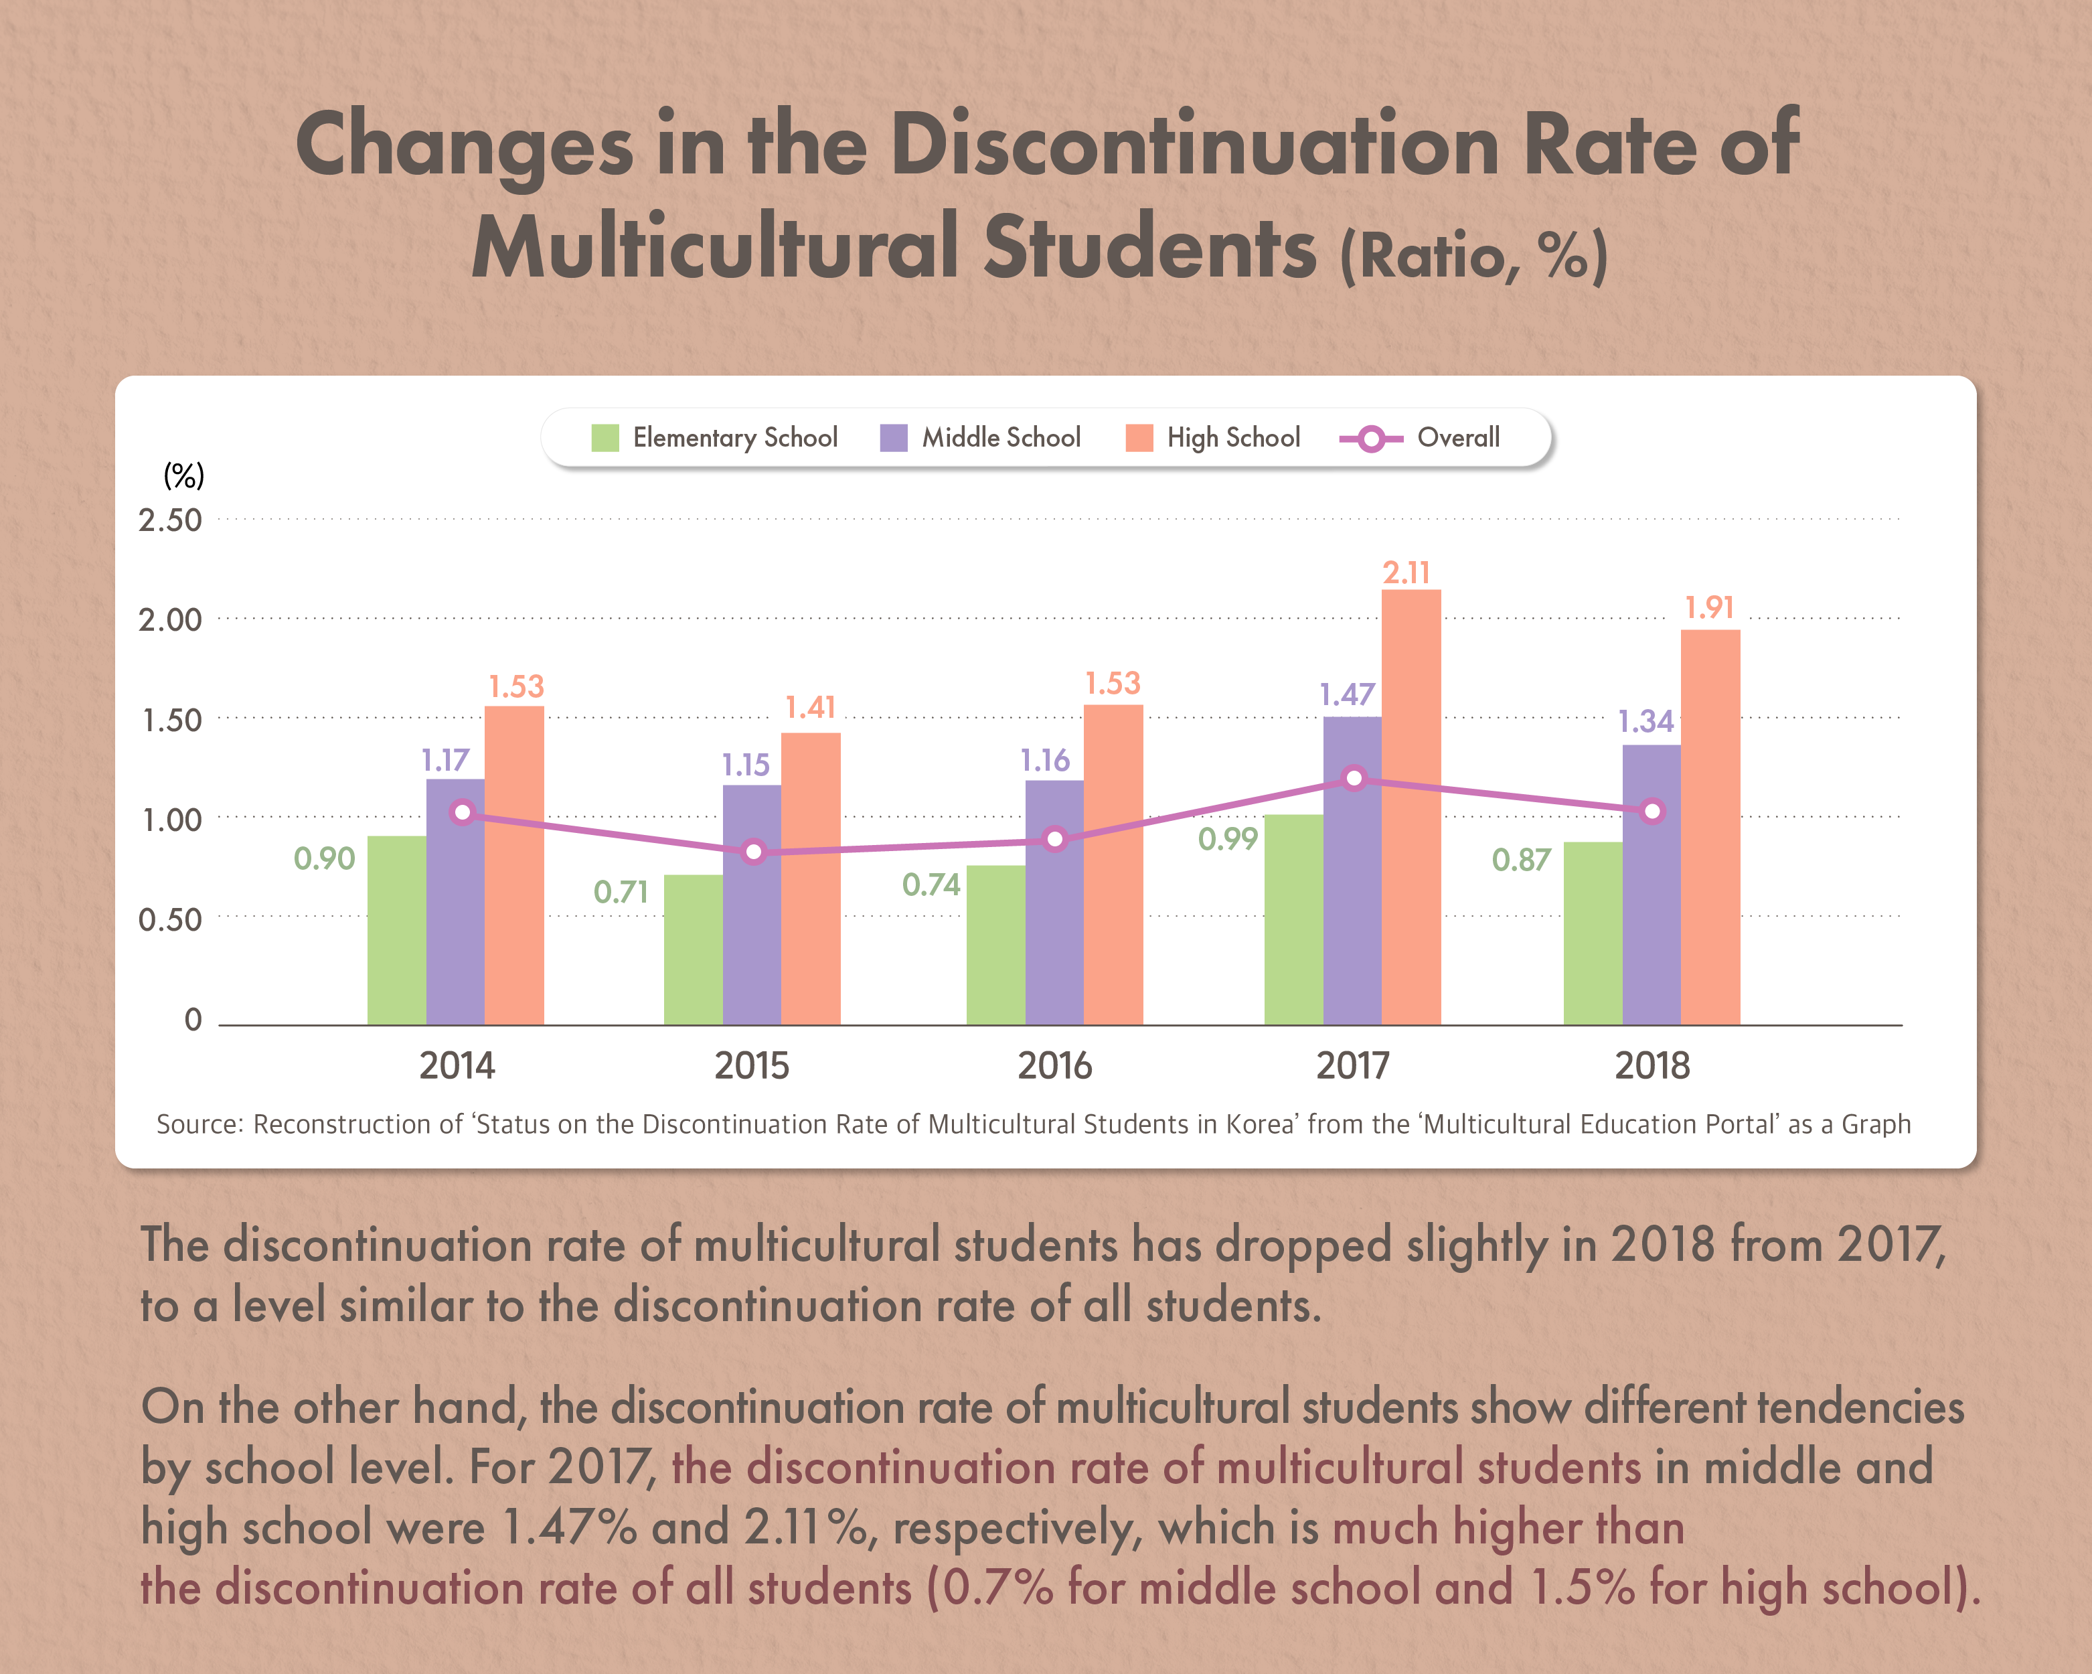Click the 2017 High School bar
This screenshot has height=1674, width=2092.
pos(1411,806)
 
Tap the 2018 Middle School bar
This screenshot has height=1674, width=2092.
pos(1651,883)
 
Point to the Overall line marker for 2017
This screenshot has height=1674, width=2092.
pos(1354,778)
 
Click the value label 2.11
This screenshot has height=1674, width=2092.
pos(1406,573)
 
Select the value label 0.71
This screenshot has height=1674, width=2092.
pos(620,891)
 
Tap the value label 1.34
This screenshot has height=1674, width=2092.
pos(1645,721)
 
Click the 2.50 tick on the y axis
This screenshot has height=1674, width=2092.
pos(170,520)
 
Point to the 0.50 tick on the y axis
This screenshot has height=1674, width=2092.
pos(170,919)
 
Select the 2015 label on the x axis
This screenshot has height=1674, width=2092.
pos(751,1065)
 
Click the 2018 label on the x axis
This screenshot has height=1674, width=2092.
pos(1652,1065)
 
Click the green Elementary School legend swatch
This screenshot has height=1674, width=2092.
pos(605,438)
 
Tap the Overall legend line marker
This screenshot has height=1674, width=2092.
pos(1371,439)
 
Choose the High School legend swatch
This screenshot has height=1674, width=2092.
pos(1139,438)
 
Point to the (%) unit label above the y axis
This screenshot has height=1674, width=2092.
pos(183,475)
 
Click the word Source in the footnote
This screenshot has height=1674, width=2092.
pos(198,1124)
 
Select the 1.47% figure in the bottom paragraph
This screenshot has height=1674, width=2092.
pos(568,1527)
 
